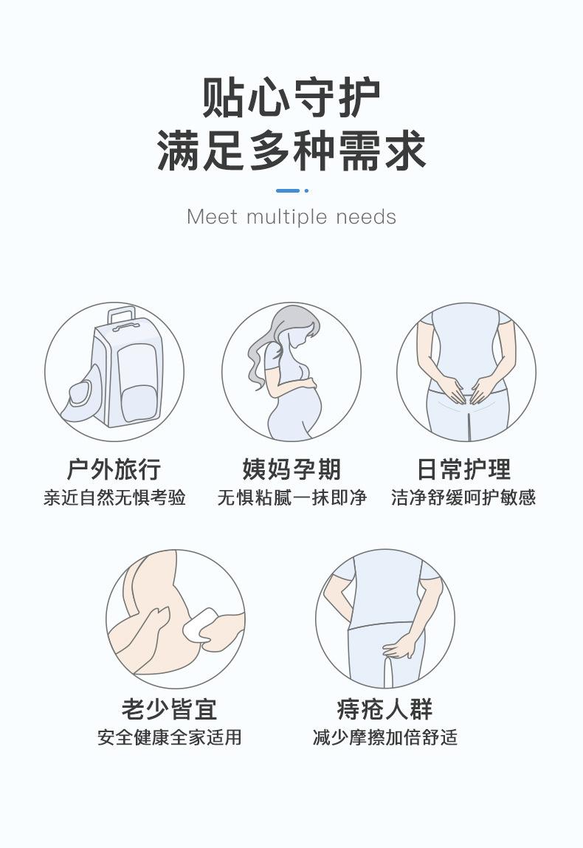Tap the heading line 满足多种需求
291,150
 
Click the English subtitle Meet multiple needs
291,217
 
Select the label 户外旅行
114,469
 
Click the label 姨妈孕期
291,469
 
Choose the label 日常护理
463,469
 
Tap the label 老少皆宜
170,709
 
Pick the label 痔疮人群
384,709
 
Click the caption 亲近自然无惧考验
114,497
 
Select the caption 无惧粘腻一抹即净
291,497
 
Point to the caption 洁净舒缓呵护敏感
463,497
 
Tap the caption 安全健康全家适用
170,737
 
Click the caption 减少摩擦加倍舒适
384,737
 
